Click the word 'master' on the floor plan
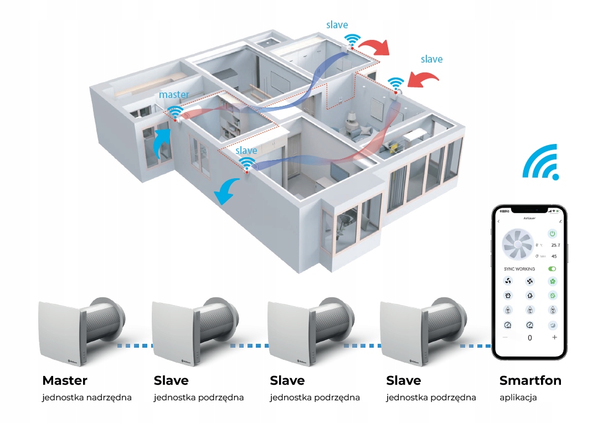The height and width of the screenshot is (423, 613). coord(174,95)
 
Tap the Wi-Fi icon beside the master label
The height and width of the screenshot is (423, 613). coord(176,112)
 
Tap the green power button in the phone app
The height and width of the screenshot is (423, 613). coord(552,233)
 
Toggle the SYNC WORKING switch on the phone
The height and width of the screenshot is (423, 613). coord(552,269)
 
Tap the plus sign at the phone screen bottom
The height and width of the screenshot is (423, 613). coord(554,337)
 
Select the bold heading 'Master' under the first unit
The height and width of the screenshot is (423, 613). coord(65,381)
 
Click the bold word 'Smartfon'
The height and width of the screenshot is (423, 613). coord(530,381)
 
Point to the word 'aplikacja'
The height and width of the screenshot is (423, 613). coord(518,398)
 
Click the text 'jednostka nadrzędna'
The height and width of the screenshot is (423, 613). coord(86,398)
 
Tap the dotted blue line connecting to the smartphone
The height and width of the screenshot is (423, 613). coord(476,346)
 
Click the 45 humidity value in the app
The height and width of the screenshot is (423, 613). coord(554,256)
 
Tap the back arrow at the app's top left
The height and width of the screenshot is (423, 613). coord(499,221)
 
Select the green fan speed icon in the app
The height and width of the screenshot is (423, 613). coord(552,281)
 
